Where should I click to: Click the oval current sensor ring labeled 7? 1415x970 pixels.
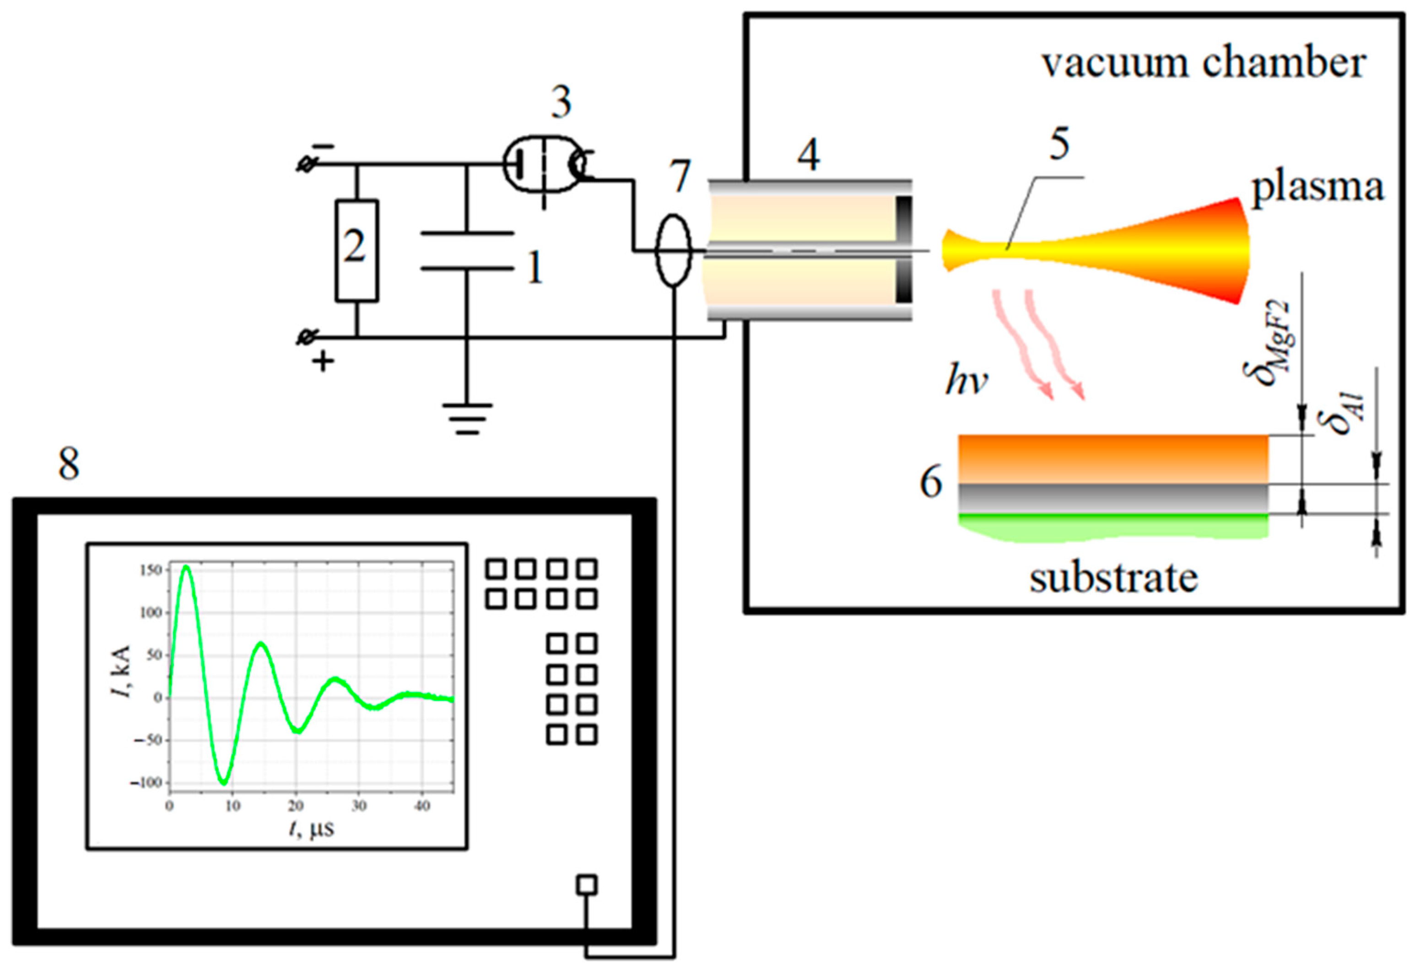(673, 250)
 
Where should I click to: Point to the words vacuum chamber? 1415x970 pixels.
(1203, 63)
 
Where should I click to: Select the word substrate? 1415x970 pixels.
(1113, 578)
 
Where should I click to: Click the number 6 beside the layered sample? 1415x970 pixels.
(930, 483)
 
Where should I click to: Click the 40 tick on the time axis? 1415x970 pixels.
(421, 806)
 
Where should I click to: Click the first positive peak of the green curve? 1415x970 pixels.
(186, 567)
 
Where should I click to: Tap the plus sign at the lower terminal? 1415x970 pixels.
(323, 363)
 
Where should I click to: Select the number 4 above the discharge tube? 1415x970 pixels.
(809, 155)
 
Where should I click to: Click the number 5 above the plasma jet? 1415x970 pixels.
(1059, 144)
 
